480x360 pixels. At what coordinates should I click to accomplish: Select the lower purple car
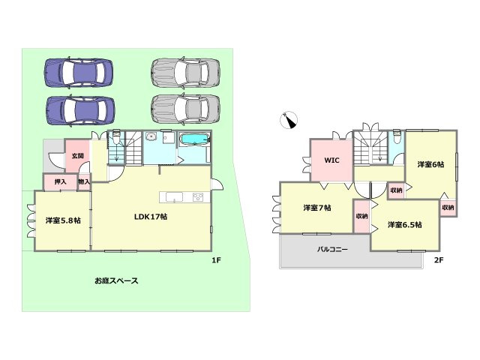coord(79,110)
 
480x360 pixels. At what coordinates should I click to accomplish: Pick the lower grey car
coord(186,109)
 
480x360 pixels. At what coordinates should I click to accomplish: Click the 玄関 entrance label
coord(77,155)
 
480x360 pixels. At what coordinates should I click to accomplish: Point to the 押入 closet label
coord(59,181)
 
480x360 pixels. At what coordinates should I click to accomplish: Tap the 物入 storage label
coord(84,181)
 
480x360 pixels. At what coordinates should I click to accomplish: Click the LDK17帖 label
coord(150,217)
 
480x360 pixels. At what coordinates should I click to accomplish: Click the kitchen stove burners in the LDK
coord(199,197)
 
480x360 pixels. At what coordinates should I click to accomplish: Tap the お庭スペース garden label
coord(116,280)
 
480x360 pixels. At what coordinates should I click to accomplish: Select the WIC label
coord(331,160)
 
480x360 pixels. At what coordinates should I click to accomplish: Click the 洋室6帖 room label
coord(430,164)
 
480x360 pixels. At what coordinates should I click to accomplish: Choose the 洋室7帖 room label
coord(318,207)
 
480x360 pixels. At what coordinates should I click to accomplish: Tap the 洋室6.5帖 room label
coord(404,225)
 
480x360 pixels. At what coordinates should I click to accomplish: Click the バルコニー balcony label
coord(332,248)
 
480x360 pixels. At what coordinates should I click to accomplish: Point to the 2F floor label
coord(439,260)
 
